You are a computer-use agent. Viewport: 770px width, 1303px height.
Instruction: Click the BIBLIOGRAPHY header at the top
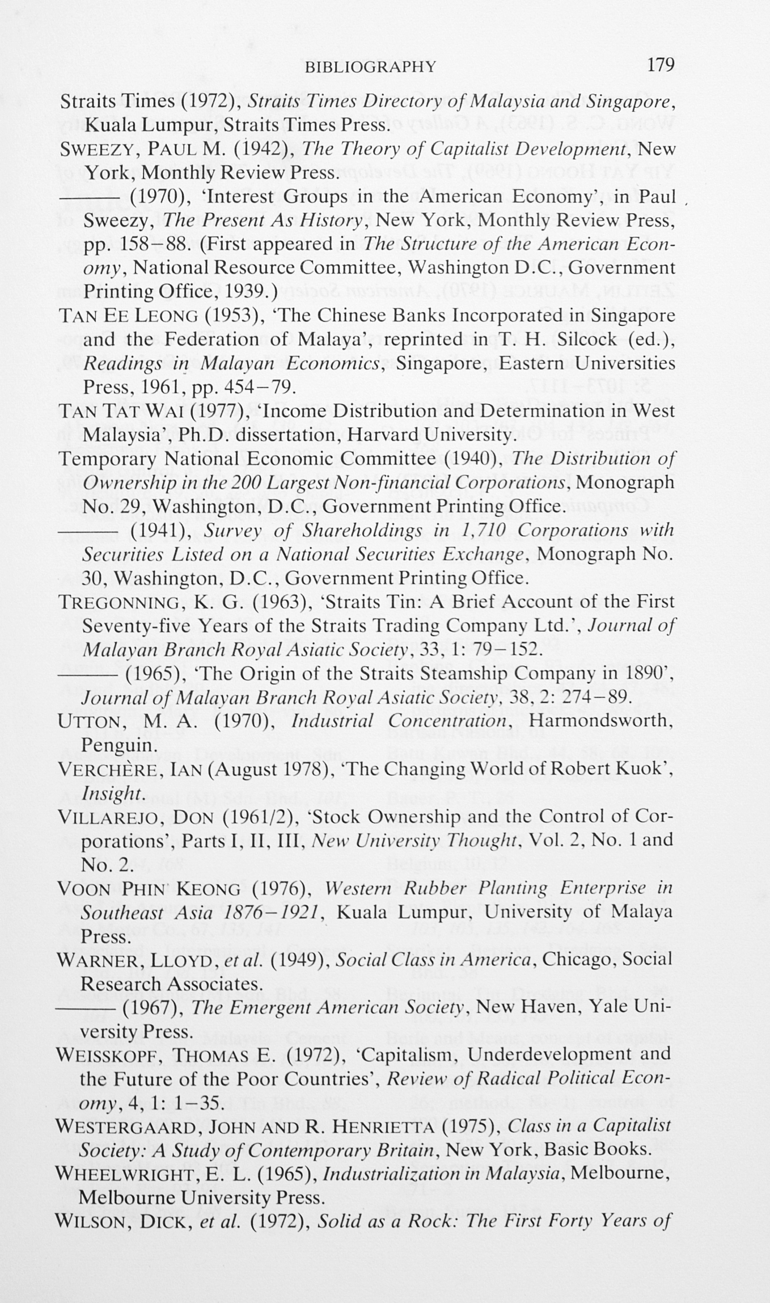(x=371, y=67)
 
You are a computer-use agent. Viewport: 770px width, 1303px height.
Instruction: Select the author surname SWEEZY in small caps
(x=96, y=149)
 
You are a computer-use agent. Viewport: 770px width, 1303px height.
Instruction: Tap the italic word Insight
(x=111, y=793)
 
